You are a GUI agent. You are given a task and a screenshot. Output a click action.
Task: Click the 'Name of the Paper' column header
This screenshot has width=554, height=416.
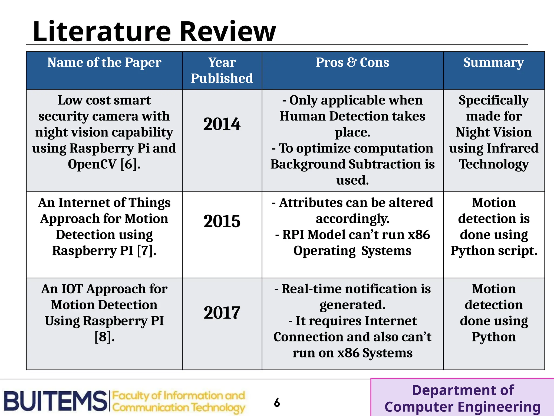point(104,63)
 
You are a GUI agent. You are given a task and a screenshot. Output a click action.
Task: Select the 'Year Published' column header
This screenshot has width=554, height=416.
point(222,70)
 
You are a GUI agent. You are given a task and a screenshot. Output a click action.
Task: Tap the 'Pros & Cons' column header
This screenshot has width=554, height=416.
point(352,63)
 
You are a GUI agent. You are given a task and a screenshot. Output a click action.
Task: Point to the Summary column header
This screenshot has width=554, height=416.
point(493,63)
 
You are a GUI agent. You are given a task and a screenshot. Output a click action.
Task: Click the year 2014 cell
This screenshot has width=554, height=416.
point(222,124)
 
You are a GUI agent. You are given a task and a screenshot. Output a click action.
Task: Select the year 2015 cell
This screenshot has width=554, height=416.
point(222,221)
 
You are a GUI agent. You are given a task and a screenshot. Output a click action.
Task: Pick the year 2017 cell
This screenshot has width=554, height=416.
point(222,313)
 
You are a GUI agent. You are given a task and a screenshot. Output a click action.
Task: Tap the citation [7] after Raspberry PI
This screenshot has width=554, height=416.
point(146,251)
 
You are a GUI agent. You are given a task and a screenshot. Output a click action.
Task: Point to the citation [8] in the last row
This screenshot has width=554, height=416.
point(104,337)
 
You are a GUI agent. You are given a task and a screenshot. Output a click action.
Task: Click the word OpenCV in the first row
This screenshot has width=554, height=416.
point(92,164)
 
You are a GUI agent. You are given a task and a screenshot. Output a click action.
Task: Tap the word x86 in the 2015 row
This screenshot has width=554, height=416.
point(419,235)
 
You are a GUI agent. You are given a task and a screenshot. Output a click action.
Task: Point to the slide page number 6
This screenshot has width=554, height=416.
point(277,403)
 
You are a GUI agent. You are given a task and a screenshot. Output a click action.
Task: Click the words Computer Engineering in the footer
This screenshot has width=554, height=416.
point(462,407)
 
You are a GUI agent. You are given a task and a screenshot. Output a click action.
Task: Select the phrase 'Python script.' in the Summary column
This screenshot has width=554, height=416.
point(493,251)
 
